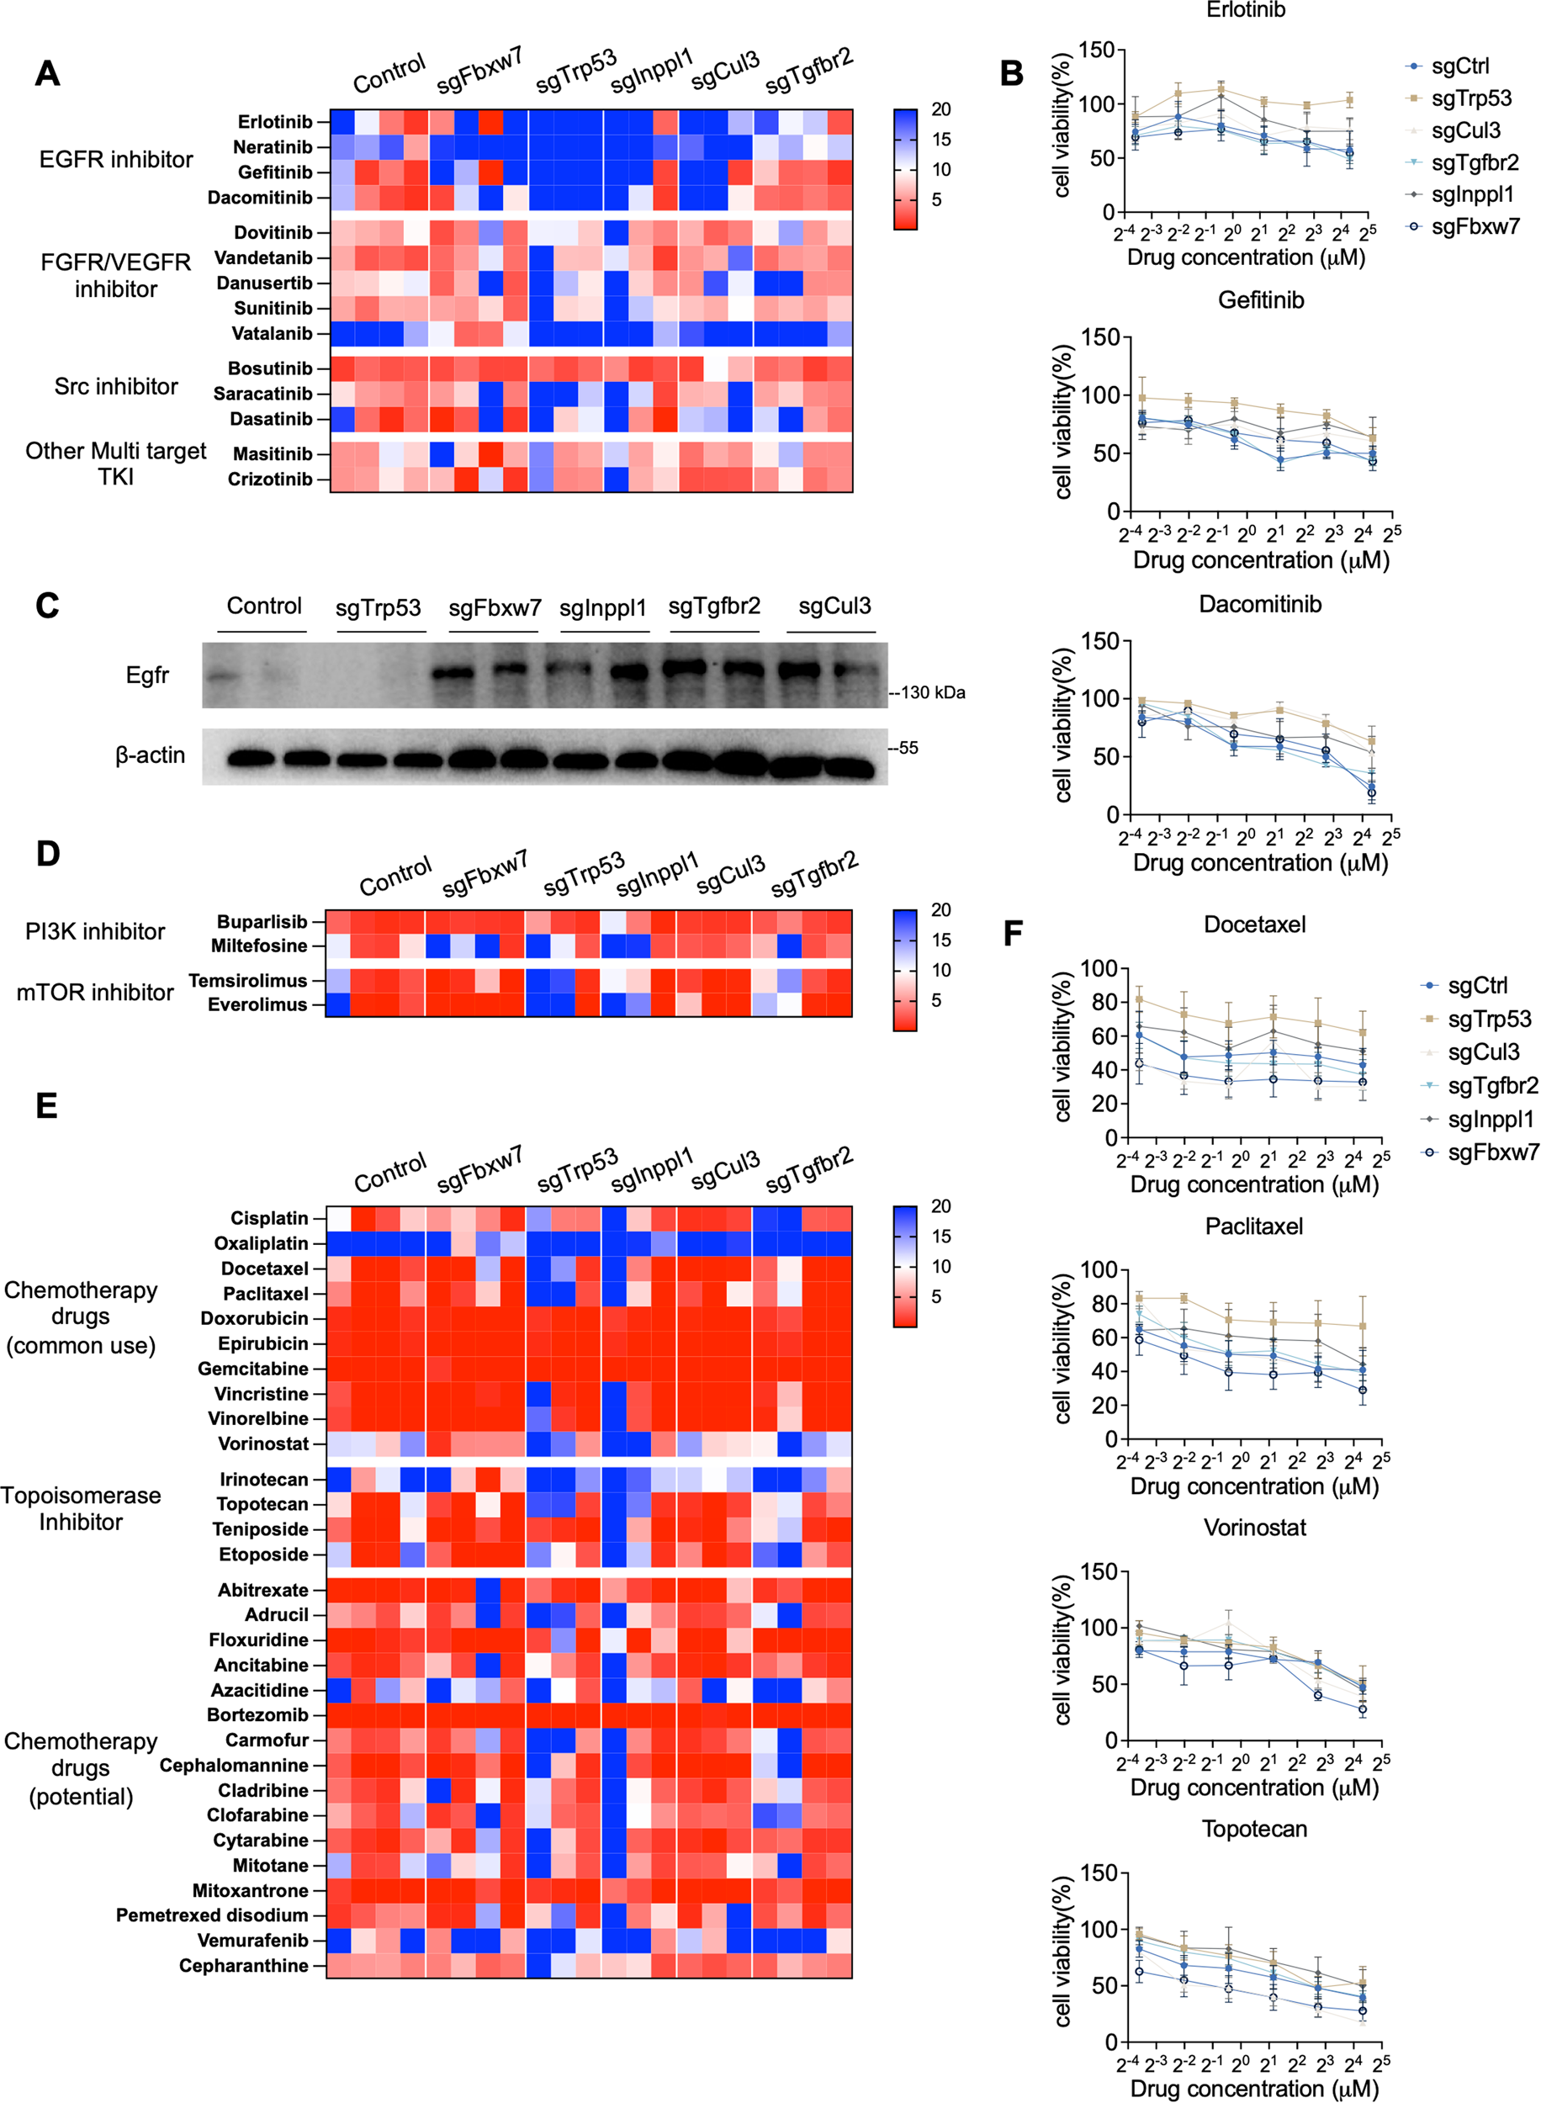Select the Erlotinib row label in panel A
(x=274, y=122)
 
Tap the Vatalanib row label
(x=272, y=334)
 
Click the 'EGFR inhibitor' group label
(x=116, y=160)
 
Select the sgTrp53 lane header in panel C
(x=378, y=608)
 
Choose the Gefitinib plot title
(x=1260, y=300)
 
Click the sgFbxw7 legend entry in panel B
(x=1475, y=226)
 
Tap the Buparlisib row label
(x=262, y=921)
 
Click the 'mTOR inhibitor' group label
(x=95, y=993)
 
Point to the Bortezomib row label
(x=257, y=1715)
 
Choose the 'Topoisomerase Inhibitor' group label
(x=80, y=1508)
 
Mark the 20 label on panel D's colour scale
(x=940, y=909)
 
